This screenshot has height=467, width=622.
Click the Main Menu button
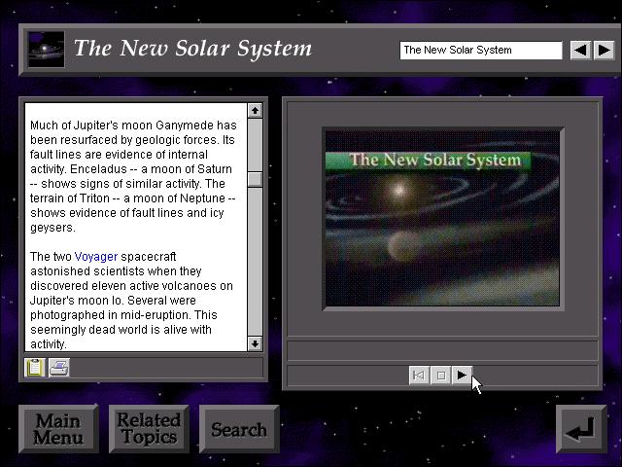click(58, 429)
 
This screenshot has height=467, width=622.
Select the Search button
click(239, 429)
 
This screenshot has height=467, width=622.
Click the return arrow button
click(581, 429)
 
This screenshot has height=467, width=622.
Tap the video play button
click(462, 375)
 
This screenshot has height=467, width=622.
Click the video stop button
click(440, 375)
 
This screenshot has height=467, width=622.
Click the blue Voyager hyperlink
click(96, 257)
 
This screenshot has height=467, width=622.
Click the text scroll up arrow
click(255, 110)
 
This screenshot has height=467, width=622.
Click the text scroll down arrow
click(255, 343)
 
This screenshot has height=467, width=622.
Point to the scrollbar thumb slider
click(255, 179)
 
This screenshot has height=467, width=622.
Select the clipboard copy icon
click(35, 368)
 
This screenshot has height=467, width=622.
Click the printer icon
click(59, 368)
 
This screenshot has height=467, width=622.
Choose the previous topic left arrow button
click(580, 51)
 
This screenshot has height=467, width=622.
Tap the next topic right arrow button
click(605, 51)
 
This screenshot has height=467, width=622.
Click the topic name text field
click(481, 51)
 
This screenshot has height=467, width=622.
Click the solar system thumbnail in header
click(47, 50)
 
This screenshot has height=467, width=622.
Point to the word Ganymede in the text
click(184, 126)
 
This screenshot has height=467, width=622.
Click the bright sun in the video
click(398, 190)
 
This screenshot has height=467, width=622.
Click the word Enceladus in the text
click(98, 169)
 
